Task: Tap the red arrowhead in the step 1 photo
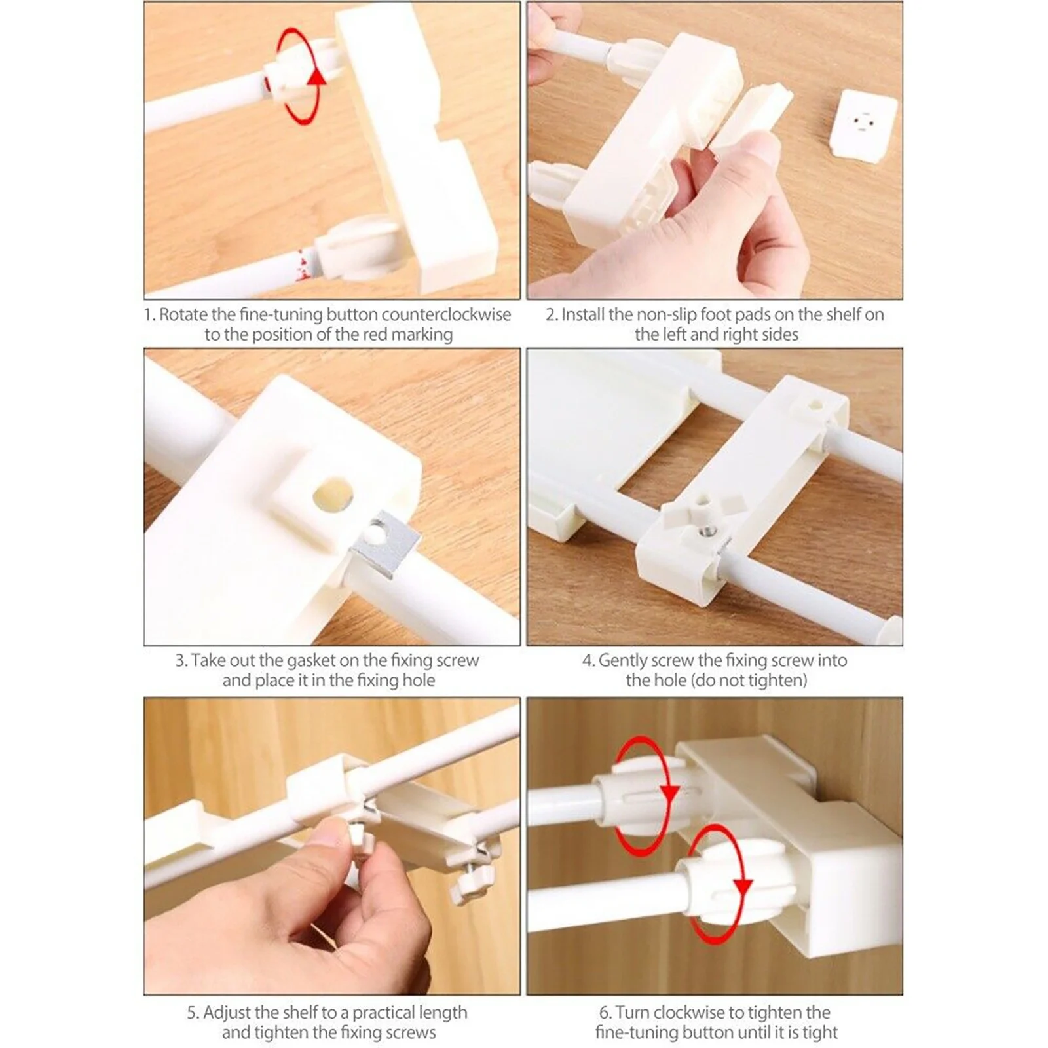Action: coord(318,77)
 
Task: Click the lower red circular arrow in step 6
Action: coord(716,884)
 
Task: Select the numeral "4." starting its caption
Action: coord(589,660)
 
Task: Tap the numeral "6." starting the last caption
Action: coord(605,1013)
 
